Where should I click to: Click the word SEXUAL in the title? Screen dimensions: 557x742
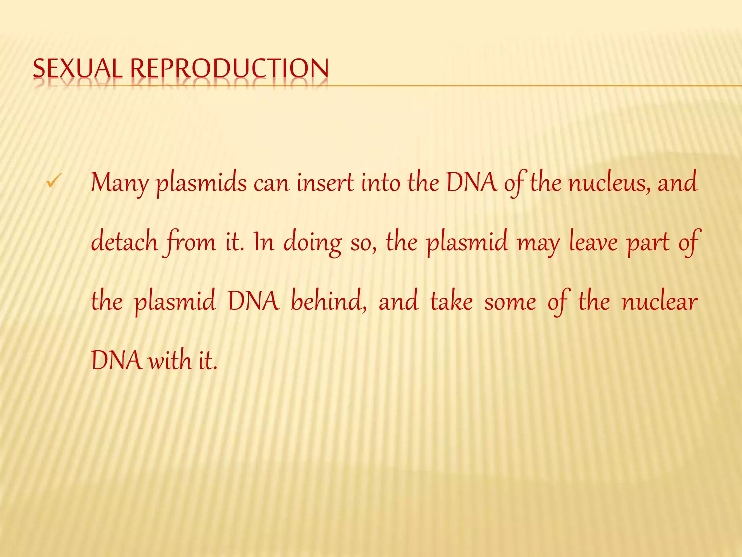[x=77, y=69]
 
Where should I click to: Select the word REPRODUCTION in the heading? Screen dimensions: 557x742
[x=230, y=69]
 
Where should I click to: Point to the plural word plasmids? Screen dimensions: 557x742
[x=201, y=183]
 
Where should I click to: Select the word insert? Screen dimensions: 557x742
[x=325, y=182]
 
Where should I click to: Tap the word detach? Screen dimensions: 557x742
[x=124, y=242]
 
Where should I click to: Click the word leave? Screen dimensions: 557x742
[x=593, y=242]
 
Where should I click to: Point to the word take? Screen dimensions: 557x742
[x=451, y=301]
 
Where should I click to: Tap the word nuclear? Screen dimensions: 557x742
[x=659, y=301]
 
